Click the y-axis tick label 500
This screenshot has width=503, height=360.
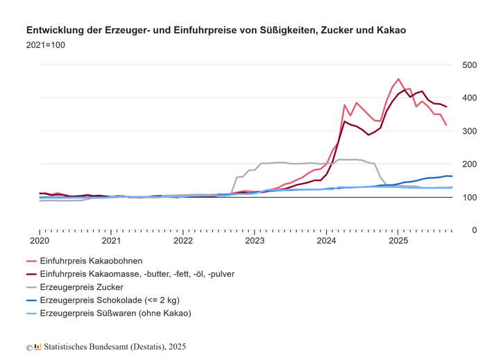click(469, 65)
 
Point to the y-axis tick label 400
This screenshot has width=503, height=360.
click(469, 98)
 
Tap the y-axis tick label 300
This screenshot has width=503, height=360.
click(469, 131)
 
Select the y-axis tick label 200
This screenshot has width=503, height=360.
click(469, 164)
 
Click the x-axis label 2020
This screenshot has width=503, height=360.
click(40, 241)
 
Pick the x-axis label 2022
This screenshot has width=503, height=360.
click(183, 241)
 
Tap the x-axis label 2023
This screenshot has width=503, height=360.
click(255, 241)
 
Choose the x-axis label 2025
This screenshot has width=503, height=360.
click(398, 241)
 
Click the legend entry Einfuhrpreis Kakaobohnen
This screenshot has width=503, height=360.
click(92, 261)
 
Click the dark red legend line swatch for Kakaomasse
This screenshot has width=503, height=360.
click(31, 274)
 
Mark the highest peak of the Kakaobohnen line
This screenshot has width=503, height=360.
click(398, 79)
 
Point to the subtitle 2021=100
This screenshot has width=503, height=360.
click(46, 45)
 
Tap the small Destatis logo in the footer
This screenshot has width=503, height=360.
click(38, 347)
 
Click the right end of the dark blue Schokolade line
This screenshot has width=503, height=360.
click(452, 176)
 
